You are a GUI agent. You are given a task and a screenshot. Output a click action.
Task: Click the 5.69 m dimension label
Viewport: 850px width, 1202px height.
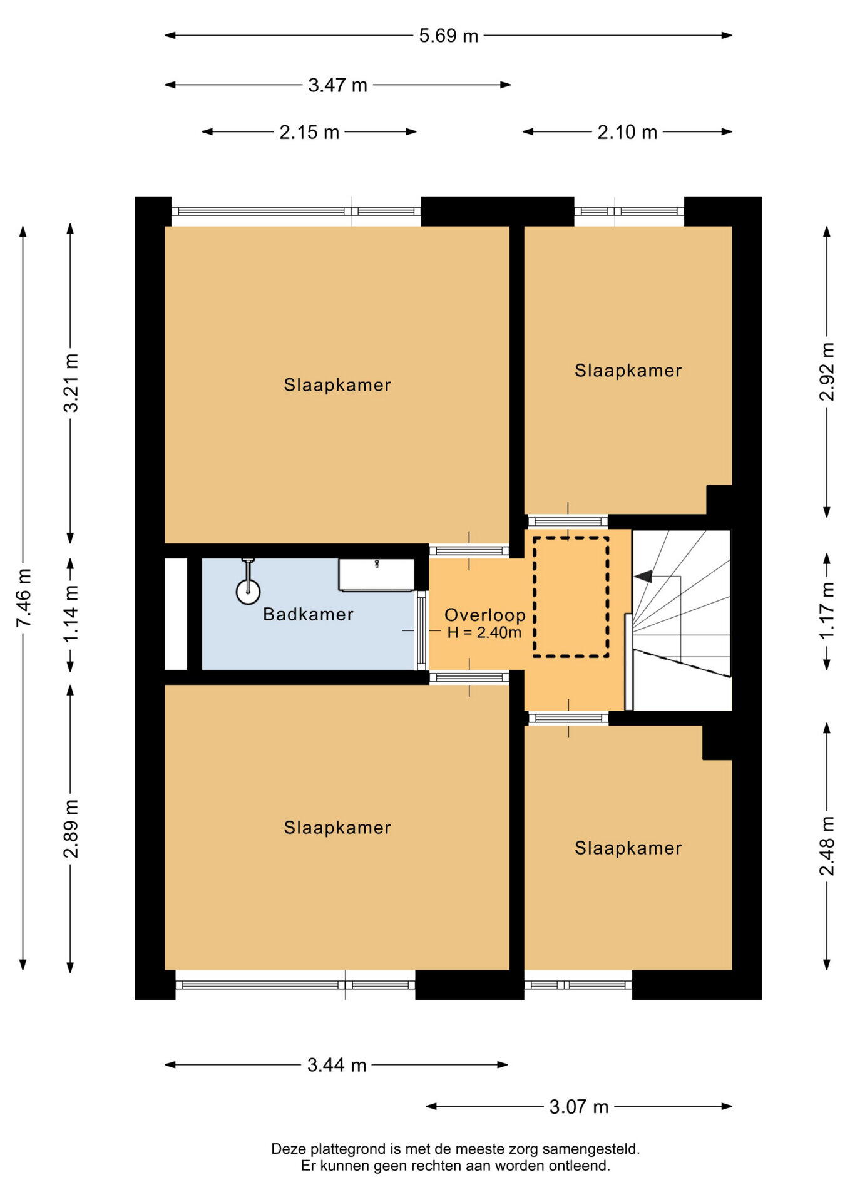click(x=448, y=36)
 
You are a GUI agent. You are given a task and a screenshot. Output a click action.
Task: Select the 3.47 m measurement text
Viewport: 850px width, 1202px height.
click(x=337, y=85)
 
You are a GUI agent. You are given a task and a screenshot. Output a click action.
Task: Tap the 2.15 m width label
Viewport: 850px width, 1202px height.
click(x=309, y=132)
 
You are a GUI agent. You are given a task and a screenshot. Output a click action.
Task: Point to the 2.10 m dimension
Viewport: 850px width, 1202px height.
click(x=627, y=132)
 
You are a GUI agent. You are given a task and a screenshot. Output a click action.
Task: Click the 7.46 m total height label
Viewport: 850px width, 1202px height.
click(x=24, y=597)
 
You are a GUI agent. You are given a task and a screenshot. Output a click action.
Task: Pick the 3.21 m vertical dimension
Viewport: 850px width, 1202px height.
click(x=71, y=383)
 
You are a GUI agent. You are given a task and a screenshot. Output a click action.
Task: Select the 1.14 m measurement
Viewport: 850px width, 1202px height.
click(x=71, y=613)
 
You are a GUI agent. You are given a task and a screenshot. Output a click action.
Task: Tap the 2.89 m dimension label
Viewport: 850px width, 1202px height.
click(x=71, y=828)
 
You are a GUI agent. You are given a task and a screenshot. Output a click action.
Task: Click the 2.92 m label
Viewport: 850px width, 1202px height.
click(x=827, y=371)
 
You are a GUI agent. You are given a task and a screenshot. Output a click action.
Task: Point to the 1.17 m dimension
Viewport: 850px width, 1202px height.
click(x=827, y=610)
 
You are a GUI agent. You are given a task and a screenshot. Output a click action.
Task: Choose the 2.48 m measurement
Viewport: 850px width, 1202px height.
click(x=827, y=846)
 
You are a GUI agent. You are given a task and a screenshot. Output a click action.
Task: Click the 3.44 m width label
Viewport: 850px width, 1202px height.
click(x=337, y=1065)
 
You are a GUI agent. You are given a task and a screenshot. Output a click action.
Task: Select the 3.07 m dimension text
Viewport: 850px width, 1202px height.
click(x=579, y=1107)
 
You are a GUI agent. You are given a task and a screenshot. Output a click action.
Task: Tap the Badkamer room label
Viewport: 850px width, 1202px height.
click(x=308, y=614)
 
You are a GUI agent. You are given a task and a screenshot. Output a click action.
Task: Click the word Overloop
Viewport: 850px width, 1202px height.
click(x=484, y=615)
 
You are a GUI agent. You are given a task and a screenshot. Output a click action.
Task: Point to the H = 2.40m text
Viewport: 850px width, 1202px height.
click(x=484, y=632)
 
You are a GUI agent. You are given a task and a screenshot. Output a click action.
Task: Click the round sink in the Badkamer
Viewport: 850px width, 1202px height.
click(x=248, y=591)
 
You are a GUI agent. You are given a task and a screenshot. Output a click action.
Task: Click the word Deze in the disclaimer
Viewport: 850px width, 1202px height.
click(x=287, y=1149)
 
